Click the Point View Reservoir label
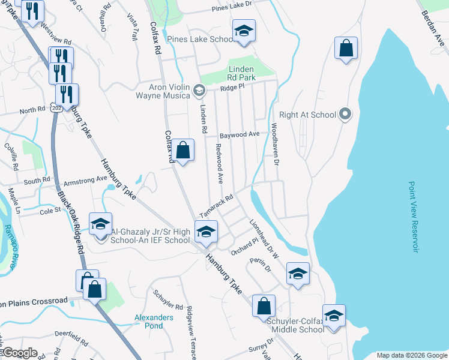coord(412,217)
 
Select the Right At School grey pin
coord(345,114)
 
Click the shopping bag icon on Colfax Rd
coord(184,150)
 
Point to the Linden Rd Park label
coord(241,73)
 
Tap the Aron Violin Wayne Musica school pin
coord(199,91)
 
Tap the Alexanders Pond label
coord(154,322)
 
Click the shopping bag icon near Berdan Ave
coord(346,49)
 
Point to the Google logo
coord(20,353)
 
